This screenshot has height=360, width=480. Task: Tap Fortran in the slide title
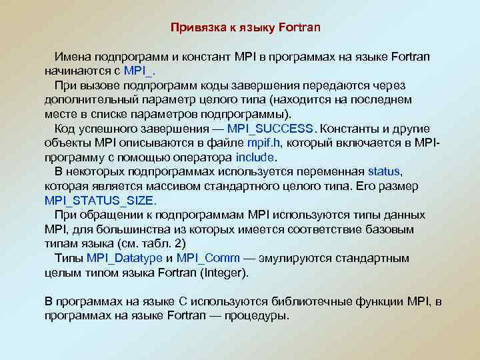click(297, 28)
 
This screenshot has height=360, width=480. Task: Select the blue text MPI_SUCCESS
click(269, 129)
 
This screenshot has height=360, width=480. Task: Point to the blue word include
click(255, 157)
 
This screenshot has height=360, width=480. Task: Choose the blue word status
click(384, 171)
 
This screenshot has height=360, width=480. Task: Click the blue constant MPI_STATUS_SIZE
click(100, 200)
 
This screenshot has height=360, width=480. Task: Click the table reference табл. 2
click(163, 243)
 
